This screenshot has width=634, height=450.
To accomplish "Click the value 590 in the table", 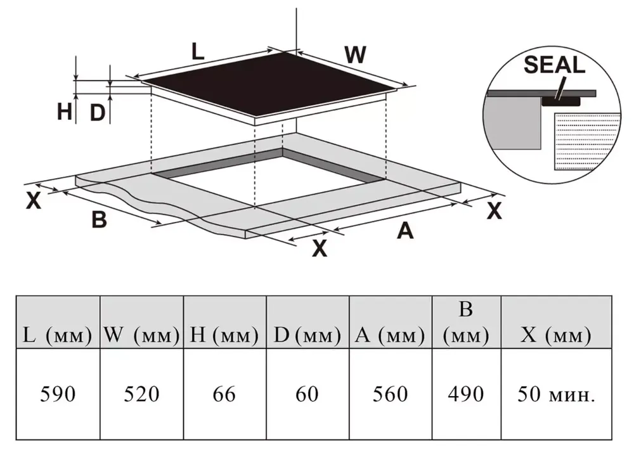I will tap(58, 394).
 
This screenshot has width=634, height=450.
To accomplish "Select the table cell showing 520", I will tap(141, 394).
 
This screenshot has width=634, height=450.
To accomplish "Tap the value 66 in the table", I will tap(224, 394).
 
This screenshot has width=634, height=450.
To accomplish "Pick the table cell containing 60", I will tap(307, 394).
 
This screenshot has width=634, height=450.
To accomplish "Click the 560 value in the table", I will tap(391, 394).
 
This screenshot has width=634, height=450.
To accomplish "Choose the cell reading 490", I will tap(466, 394).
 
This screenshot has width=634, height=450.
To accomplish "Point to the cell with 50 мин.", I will tap(557, 394).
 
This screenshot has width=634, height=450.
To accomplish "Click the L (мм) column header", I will tap(58, 335).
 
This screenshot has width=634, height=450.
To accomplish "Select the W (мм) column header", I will tap(141, 335).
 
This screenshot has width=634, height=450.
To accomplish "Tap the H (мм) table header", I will tap(224, 335).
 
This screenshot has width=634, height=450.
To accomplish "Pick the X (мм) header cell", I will tap(557, 335).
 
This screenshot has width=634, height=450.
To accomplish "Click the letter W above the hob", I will tap(355, 55).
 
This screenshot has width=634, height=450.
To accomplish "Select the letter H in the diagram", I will tap(64, 112).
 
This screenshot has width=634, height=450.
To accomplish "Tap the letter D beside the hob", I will tap(96, 113).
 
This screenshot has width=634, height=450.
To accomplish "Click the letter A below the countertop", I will tap(405, 231).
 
